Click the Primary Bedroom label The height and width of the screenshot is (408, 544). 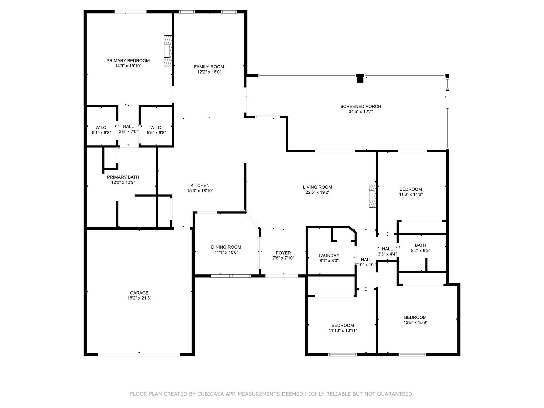(x=128, y=61)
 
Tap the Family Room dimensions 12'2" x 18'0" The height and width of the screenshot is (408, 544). (x=209, y=72)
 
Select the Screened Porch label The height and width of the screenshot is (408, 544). (x=361, y=107)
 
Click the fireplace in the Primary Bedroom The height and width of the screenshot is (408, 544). (x=168, y=51)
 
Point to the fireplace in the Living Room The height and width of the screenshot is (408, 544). (x=372, y=196)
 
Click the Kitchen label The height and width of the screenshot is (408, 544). (x=200, y=185)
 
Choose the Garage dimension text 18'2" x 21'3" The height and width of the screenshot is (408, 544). (x=139, y=298)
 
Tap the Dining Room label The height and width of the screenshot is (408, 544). (x=226, y=247)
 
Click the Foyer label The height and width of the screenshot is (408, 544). (x=283, y=253)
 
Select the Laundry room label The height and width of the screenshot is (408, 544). (x=329, y=256)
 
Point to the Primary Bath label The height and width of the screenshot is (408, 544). (x=123, y=177)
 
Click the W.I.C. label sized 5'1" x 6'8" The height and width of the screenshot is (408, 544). (x=101, y=128)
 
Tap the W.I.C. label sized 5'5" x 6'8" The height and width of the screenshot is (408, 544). (x=156, y=128)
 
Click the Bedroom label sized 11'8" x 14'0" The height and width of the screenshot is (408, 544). (x=411, y=189)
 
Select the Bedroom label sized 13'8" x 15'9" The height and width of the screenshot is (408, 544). (x=415, y=317)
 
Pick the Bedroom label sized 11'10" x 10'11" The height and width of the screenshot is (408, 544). (x=343, y=325)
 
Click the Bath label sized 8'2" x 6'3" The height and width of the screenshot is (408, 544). (x=420, y=245)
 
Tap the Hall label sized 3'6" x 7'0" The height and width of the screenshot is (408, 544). (x=128, y=126)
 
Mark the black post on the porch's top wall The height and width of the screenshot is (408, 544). (x=360, y=78)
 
